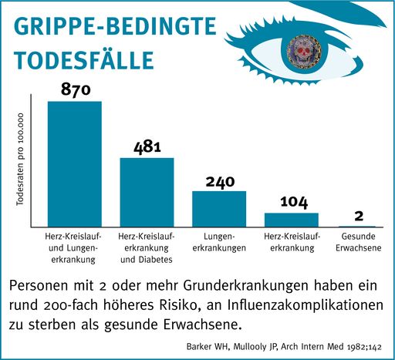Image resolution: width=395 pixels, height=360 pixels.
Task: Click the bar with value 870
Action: click(x=75, y=163)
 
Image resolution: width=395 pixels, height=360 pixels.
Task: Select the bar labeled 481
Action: click(x=147, y=192)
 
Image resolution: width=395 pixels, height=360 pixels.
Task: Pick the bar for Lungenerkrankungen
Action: click(x=219, y=208)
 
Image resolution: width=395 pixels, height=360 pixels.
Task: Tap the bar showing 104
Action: click(x=292, y=219)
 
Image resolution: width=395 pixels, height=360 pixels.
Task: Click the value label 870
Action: click(x=76, y=90)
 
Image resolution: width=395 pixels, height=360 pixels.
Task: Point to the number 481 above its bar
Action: click(x=147, y=146)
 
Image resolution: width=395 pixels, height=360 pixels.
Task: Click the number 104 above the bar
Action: click(x=292, y=202)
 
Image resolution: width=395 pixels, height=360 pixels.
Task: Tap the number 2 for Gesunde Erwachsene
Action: click(x=359, y=216)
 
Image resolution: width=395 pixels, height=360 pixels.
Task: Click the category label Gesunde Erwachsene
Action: click(x=359, y=243)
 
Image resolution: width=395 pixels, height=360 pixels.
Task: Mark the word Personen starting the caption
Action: click(x=42, y=284)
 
